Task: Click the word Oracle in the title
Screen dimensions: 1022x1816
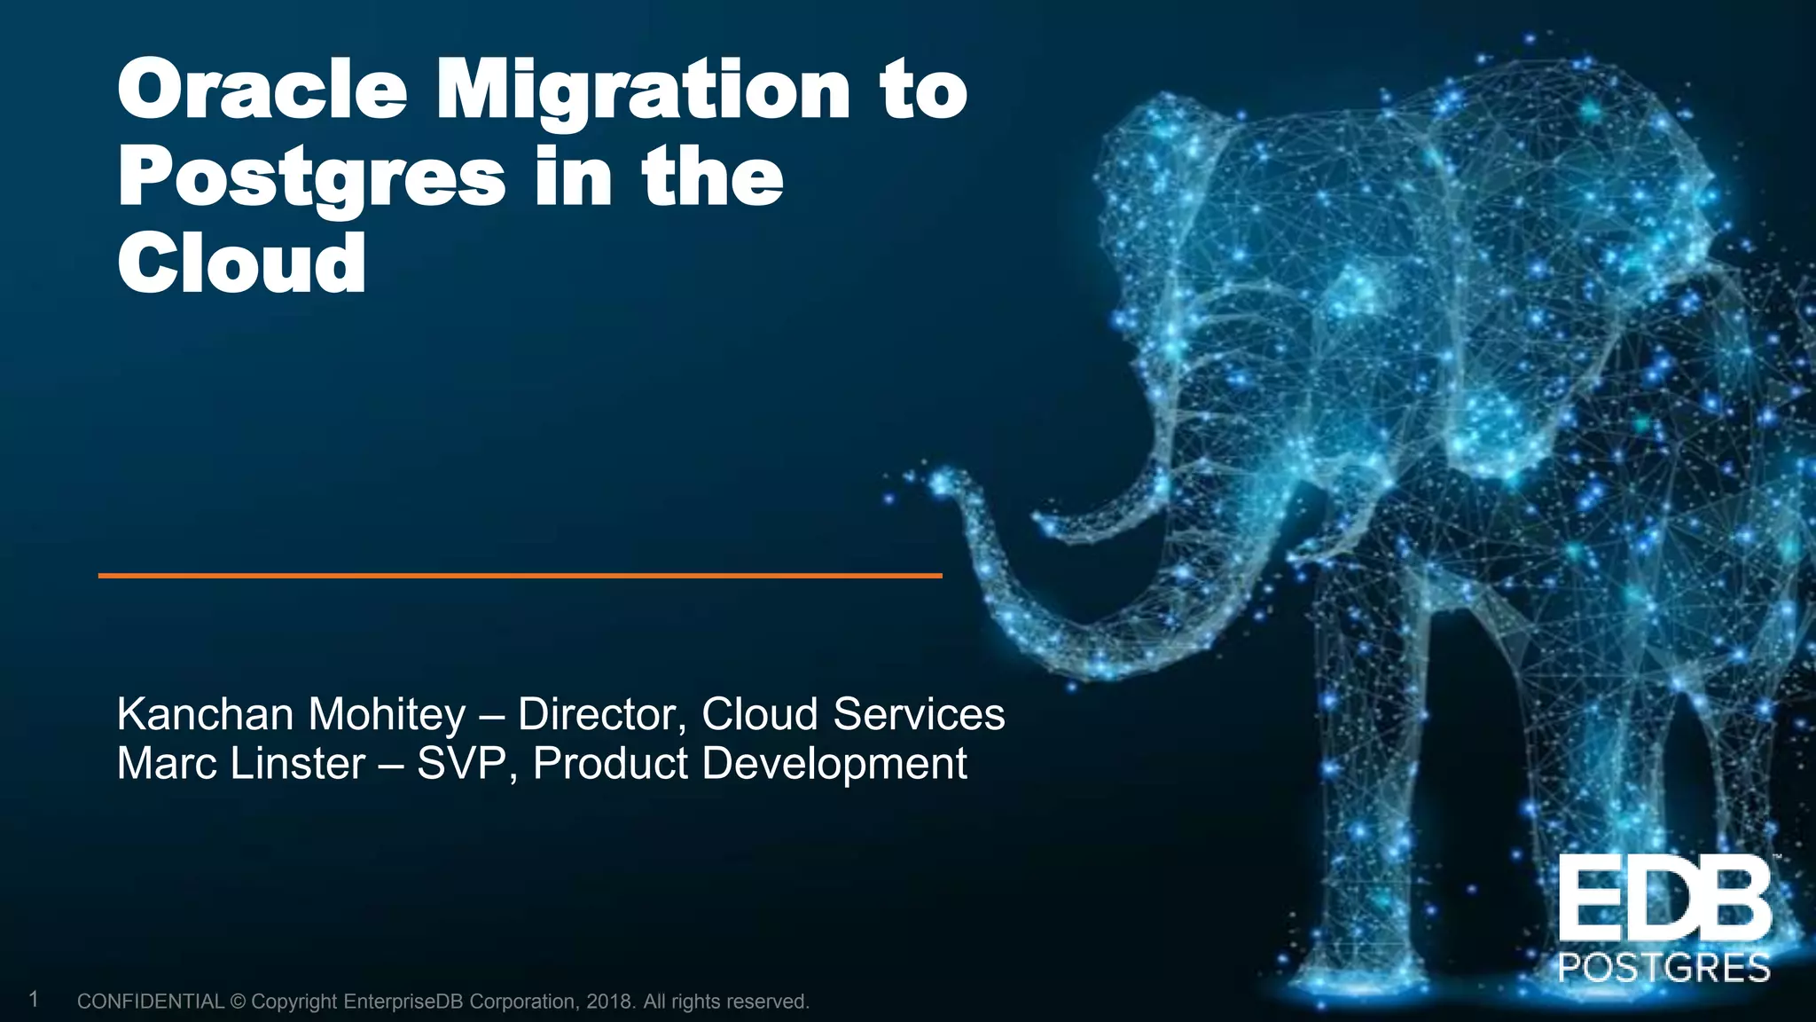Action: [x=262, y=90]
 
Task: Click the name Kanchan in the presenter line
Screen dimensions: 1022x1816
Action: [x=205, y=714]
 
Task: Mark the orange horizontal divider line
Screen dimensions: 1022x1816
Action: [x=520, y=576]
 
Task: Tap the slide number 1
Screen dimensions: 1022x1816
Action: [x=34, y=1000]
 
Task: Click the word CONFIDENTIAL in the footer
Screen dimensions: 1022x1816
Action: [x=151, y=1002]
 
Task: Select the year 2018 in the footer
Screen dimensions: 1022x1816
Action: [x=609, y=1002]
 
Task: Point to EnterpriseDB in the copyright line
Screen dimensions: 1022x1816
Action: [x=403, y=1002]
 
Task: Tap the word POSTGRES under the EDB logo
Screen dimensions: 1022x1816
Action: [x=1663, y=968]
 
